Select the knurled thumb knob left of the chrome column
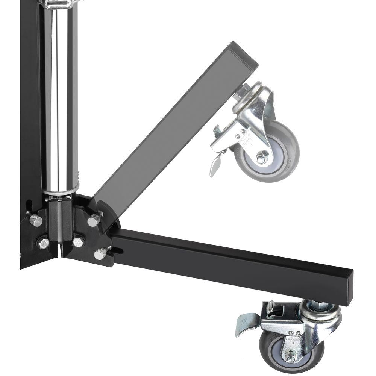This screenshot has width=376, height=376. [36, 220]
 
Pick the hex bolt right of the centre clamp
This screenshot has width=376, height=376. [78, 241]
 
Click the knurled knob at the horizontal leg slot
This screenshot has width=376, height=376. [100, 253]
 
